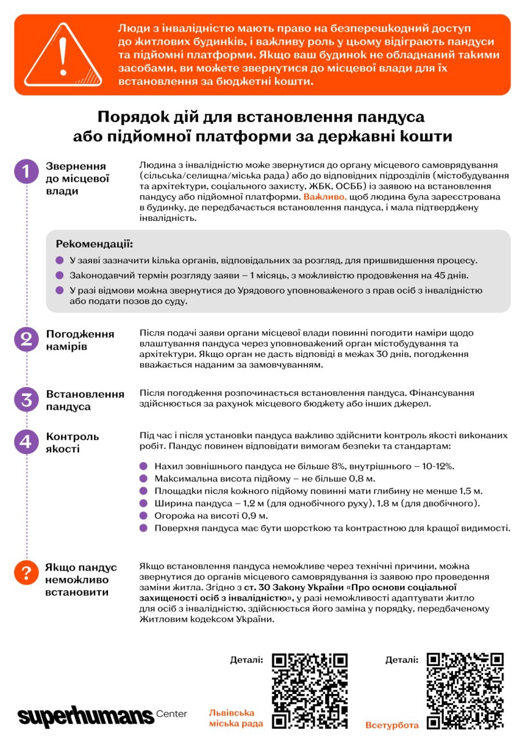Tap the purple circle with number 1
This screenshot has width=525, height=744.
point(26,171)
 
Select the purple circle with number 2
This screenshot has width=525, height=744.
point(26,340)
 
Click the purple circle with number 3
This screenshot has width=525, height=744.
point(26,400)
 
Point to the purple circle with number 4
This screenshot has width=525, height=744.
point(26,442)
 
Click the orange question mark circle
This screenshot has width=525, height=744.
point(26,574)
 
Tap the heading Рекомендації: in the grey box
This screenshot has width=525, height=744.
point(94,244)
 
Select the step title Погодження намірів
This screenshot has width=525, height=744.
point(80,340)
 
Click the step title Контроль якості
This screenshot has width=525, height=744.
point(73,442)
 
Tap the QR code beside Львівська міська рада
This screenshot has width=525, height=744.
point(310,691)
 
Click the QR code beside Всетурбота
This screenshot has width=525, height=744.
point(465,691)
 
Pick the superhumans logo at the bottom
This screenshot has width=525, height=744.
point(85,716)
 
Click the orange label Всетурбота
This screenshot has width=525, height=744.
point(392,725)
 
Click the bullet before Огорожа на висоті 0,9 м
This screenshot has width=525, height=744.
point(144,516)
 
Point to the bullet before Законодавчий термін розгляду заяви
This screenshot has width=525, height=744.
point(60,276)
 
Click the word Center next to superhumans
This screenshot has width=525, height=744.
point(172,714)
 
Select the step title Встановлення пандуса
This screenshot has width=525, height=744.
point(85,400)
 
